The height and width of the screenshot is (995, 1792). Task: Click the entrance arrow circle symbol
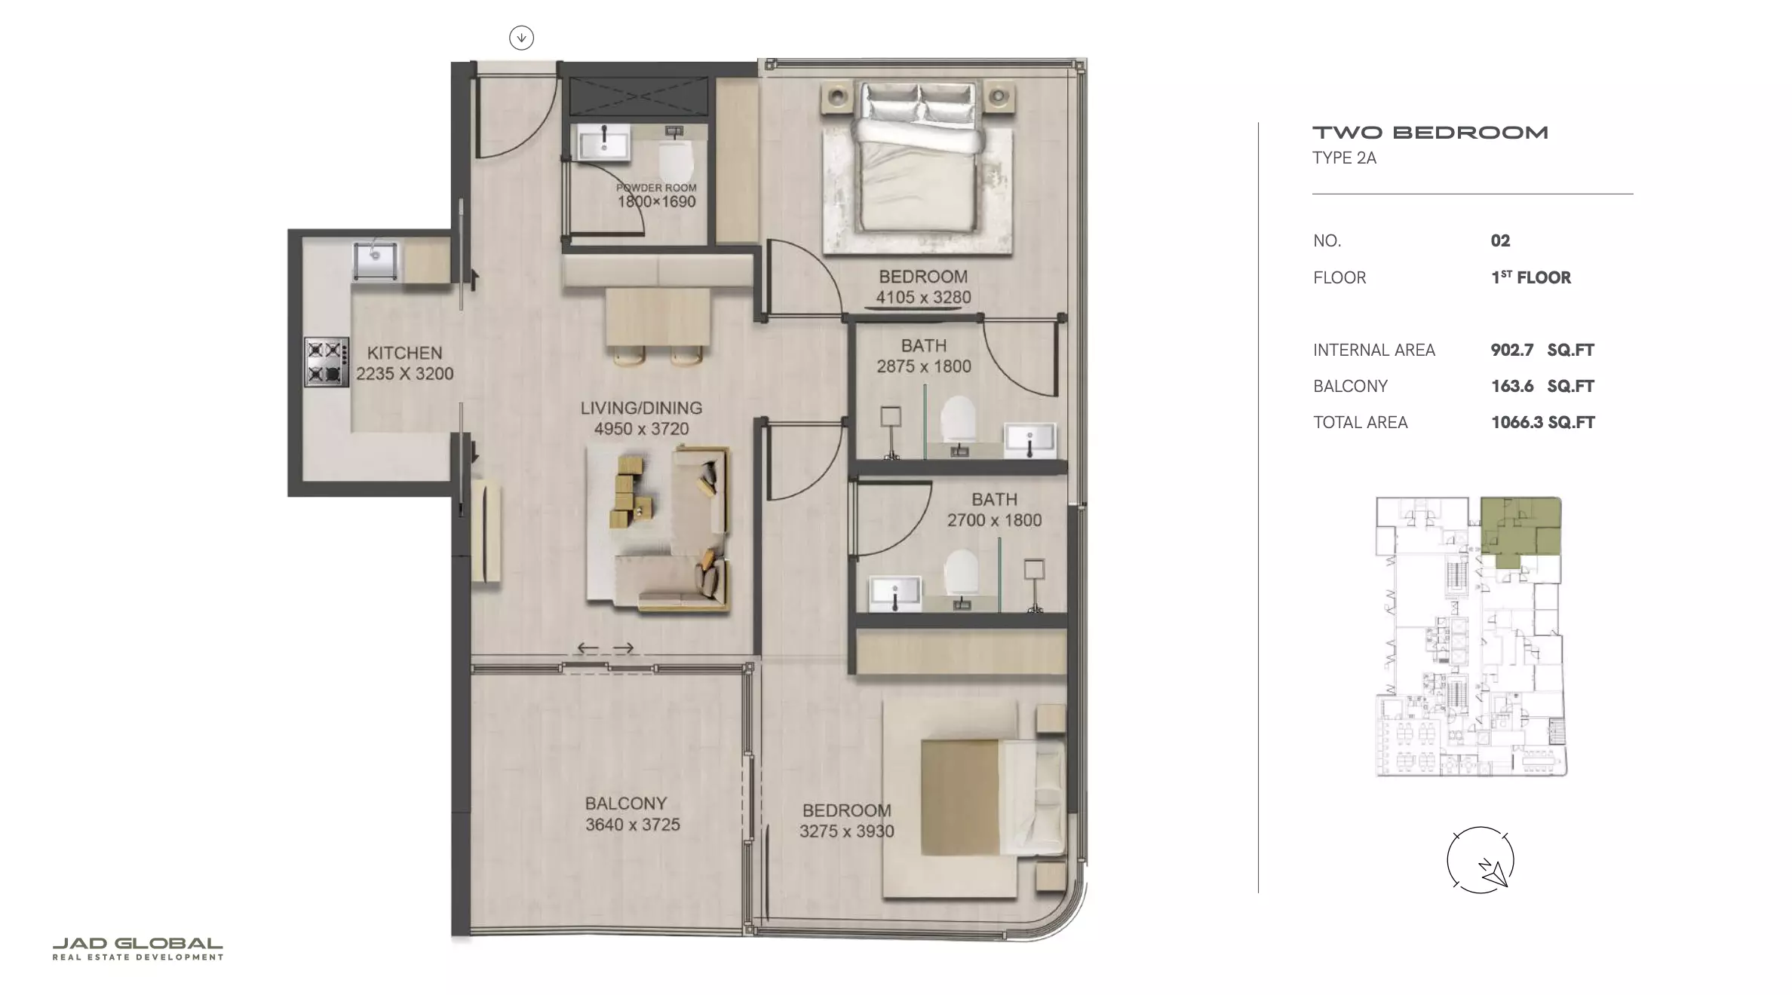click(x=521, y=38)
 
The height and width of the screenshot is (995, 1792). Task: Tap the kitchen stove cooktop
click(x=327, y=362)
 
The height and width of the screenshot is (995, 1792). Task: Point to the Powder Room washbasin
click(x=603, y=143)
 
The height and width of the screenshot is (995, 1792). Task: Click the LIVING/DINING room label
click(x=641, y=408)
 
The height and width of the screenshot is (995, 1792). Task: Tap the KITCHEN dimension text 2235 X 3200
click(x=405, y=374)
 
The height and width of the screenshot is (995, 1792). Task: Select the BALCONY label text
click(x=626, y=804)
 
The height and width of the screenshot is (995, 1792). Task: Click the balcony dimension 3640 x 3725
click(x=633, y=825)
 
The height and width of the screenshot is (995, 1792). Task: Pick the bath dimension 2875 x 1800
click(x=924, y=366)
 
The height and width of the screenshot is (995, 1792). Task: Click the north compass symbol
click(x=1481, y=860)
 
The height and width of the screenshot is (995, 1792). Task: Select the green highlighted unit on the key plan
click(x=1517, y=528)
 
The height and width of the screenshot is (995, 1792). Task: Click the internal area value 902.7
click(x=1512, y=350)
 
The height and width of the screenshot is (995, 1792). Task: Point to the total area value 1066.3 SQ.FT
click(x=1543, y=422)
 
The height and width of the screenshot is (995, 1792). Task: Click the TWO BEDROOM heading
click(x=1431, y=133)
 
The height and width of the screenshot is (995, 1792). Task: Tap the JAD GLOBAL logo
click(x=138, y=949)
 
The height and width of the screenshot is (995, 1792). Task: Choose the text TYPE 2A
click(x=1345, y=158)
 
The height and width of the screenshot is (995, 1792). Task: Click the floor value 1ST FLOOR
click(x=1531, y=277)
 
